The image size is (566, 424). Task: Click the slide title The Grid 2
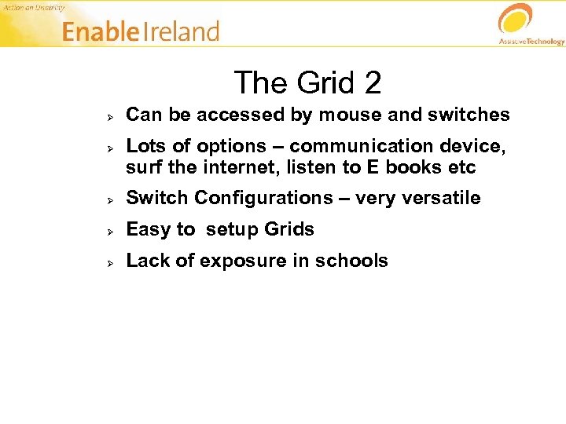pos(307,82)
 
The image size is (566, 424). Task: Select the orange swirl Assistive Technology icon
pos(515,19)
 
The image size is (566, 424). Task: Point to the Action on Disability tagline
pos(34,7)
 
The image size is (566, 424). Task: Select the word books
pos(416,167)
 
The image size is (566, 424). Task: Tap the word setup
pos(233,230)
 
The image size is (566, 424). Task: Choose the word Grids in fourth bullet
pos(289,230)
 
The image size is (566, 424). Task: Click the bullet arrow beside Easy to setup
pos(112,231)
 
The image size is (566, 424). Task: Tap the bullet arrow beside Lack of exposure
pos(112,262)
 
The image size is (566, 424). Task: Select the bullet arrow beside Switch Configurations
pos(112,199)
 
